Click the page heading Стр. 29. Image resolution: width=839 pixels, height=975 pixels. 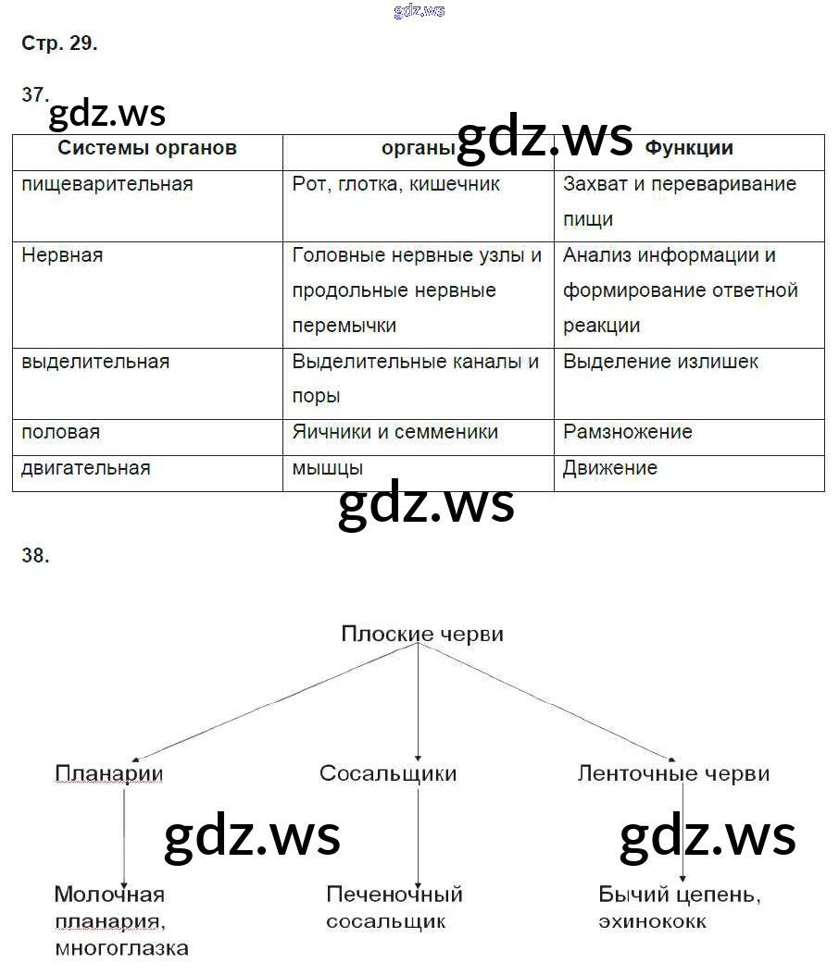click(x=59, y=43)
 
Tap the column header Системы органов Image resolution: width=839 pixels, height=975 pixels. click(x=147, y=148)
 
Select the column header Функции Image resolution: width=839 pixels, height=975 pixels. click(x=689, y=148)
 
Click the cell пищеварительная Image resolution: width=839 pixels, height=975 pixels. click(x=107, y=184)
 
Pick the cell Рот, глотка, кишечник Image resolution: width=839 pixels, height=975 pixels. click(x=396, y=184)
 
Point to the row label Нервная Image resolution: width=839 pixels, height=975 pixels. click(x=62, y=255)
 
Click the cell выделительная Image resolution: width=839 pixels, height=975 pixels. click(x=95, y=362)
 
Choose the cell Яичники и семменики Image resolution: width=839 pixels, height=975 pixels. click(x=395, y=432)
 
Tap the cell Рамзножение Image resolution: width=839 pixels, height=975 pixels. click(x=628, y=432)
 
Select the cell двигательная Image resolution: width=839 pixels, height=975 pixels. click(x=86, y=468)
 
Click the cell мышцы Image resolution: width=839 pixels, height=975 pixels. click(x=328, y=469)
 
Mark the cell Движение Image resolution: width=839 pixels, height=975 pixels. click(x=610, y=468)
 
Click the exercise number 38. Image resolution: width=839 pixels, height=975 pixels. click(x=35, y=555)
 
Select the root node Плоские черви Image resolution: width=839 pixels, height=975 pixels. click(x=422, y=635)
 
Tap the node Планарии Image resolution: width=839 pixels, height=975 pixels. click(x=109, y=773)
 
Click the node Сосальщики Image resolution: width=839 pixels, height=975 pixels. click(x=388, y=773)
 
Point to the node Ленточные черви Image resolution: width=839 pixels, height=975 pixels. click(x=673, y=773)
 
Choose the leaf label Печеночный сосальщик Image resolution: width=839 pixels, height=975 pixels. click(x=394, y=907)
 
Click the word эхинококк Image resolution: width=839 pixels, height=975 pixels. click(x=653, y=921)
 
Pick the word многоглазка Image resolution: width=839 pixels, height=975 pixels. click(x=121, y=948)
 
